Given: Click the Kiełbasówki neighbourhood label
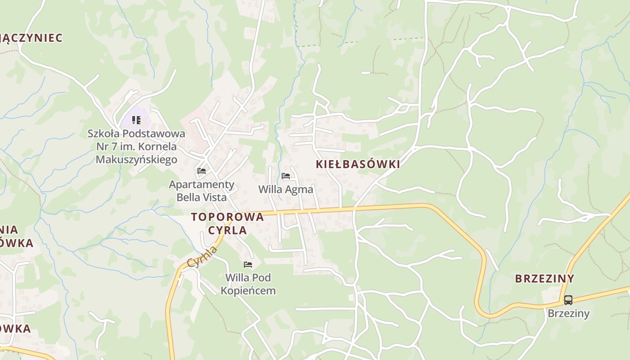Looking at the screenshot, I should (358, 164).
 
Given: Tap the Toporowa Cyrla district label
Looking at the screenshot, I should (228, 223).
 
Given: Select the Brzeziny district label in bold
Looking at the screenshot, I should (544, 279).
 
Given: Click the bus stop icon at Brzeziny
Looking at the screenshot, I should (568, 300).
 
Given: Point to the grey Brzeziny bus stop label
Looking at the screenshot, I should (568, 313).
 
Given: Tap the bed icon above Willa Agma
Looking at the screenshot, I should (285, 176).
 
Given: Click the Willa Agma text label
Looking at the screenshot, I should (285, 189).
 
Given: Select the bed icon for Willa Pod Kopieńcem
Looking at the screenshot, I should (247, 264).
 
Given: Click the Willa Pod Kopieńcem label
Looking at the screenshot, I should (248, 284).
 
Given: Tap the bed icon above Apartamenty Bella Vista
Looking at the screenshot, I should (202, 171).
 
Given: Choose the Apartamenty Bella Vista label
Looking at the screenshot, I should (202, 191).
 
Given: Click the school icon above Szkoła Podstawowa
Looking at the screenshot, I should (136, 120).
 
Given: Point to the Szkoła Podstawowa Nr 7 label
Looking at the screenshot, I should (136, 146).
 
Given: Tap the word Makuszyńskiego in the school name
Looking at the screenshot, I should (136, 159).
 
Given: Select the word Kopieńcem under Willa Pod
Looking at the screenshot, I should (248, 291).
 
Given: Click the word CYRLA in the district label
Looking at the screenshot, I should (227, 230).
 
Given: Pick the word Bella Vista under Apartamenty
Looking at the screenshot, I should (202, 197).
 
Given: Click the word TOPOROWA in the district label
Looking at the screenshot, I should (227, 217).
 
